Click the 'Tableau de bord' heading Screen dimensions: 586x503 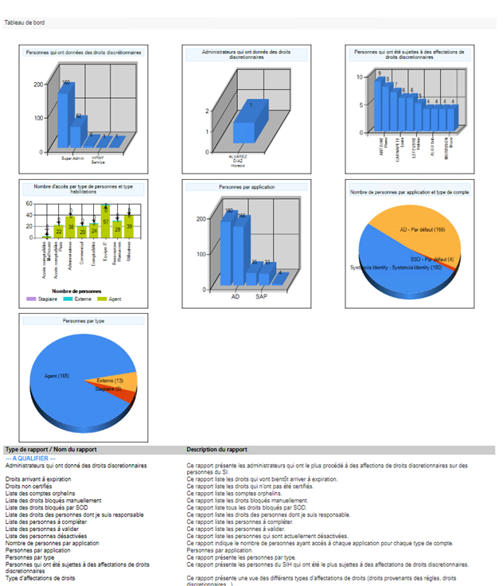coord(25,23)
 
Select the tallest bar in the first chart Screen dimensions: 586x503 coord(66,115)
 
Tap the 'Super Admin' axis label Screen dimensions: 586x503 coord(73,158)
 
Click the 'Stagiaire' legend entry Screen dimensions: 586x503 coord(45,298)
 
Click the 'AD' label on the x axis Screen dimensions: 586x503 coord(236,296)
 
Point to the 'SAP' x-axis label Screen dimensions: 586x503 coord(260,296)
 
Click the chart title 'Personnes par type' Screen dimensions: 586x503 coord(83,321)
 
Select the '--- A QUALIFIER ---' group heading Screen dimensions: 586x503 coord(30,459)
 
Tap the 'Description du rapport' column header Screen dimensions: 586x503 coord(217,450)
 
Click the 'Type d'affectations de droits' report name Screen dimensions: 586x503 coord(40,577)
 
